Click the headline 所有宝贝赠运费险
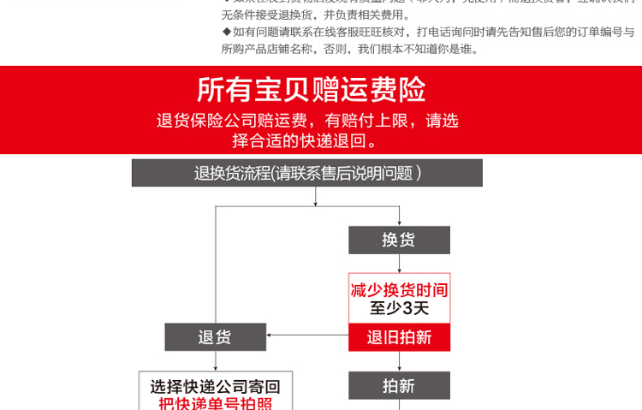(311, 88)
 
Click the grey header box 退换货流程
(307, 173)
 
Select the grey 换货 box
(399, 240)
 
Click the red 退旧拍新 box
(399, 336)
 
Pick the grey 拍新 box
(399, 386)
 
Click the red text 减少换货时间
(399, 289)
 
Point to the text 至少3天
(399, 308)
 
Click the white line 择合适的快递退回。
(304, 140)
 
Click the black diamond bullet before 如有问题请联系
(226, 32)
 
